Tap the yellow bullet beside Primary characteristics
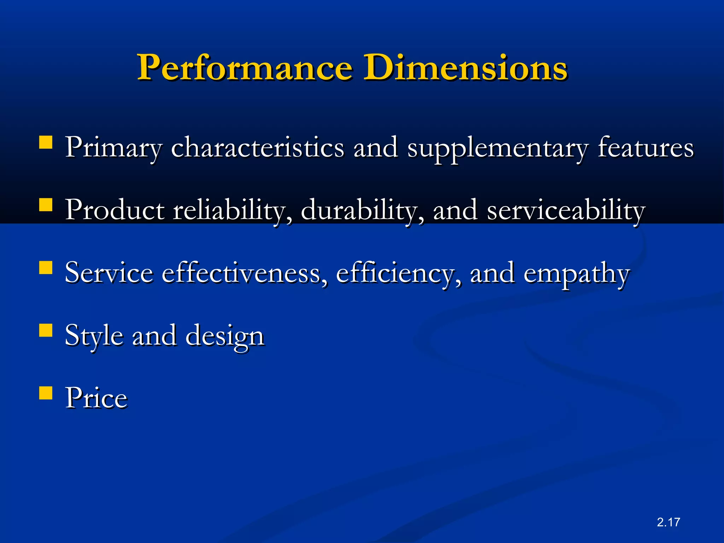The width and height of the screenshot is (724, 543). coord(46,142)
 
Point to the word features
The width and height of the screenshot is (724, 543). coord(646,148)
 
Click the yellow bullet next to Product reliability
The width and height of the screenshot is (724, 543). coord(46,205)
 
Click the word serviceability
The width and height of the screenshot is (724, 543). coord(566,211)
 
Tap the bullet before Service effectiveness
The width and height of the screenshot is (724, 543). coord(46,268)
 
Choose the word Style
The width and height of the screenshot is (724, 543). coord(94,336)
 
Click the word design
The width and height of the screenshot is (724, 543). coord(225,336)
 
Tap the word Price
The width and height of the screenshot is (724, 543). coord(96,398)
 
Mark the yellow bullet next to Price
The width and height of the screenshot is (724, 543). coord(46,392)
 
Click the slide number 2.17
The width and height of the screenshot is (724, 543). coord(668,522)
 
